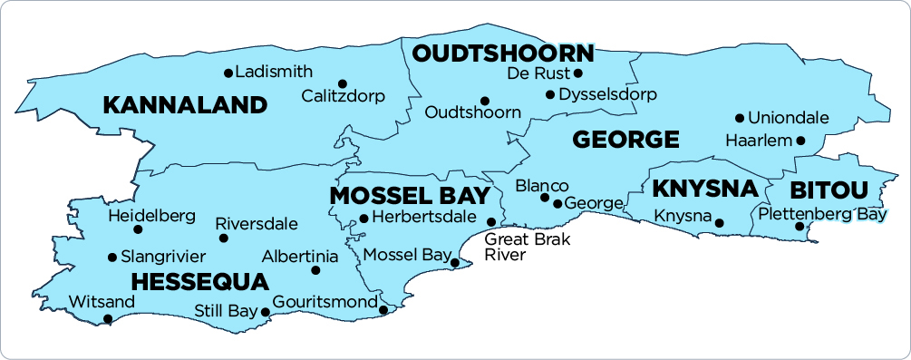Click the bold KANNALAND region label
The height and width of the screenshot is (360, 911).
[185, 105]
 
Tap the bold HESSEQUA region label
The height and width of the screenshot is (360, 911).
[199, 280]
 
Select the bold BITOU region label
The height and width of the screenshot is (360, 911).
[829, 190]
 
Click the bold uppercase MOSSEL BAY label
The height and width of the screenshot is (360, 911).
[409, 196]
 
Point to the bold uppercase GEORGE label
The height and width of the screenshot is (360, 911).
[625, 140]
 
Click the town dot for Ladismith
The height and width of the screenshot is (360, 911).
[228, 73]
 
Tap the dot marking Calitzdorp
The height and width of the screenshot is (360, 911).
[343, 83]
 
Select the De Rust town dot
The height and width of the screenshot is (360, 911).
[578, 73]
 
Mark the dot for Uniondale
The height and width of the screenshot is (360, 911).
[740, 118]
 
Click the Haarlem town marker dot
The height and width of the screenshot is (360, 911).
[800, 140]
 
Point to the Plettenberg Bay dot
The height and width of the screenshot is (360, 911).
[800, 226]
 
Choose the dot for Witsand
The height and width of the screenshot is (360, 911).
[108, 318]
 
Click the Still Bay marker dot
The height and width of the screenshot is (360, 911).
[266, 312]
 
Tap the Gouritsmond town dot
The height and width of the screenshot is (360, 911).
[383, 310]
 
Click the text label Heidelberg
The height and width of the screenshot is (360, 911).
[151, 216]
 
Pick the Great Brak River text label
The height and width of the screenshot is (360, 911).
[518, 248]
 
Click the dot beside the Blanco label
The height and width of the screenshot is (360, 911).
[545, 197]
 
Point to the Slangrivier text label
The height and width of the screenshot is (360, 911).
[163, 257]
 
